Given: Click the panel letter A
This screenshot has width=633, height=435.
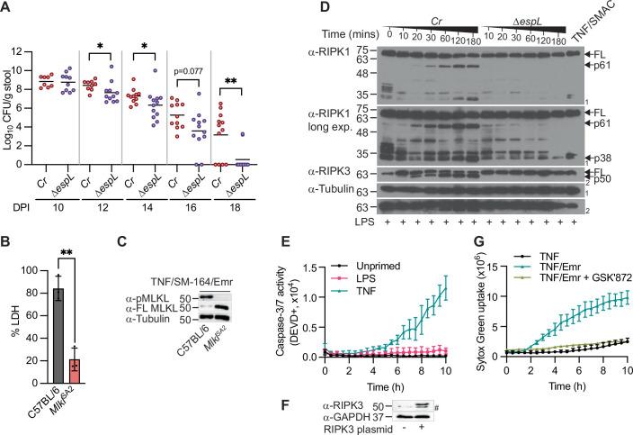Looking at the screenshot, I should tap(7, 7).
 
